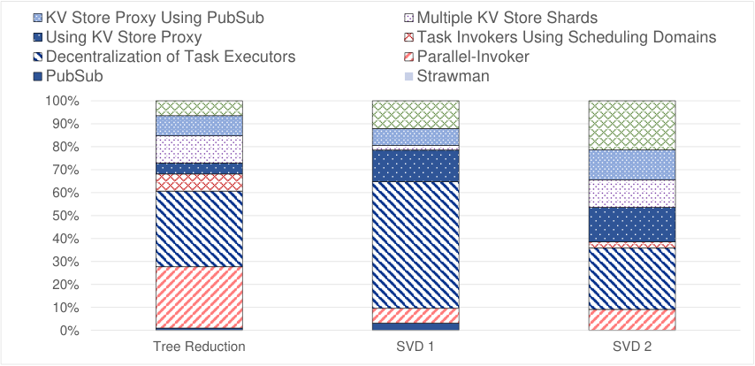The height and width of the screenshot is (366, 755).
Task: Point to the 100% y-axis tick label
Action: [63, 101]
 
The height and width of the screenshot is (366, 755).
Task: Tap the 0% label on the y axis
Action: [70, 331]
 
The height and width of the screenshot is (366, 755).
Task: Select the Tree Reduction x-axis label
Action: [199, 347]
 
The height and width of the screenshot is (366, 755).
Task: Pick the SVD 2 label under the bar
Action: [632, 347]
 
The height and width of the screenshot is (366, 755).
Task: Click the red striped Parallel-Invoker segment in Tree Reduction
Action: [199, 298]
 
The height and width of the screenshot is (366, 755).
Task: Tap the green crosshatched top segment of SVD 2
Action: [632, 126]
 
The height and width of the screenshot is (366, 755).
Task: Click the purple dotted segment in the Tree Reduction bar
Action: [199, 149]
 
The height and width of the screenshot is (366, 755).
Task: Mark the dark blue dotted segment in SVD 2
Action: [632, 225]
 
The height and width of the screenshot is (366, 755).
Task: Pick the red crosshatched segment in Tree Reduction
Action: [199, 182]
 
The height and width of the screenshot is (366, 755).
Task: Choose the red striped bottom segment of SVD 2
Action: [632, 320]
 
